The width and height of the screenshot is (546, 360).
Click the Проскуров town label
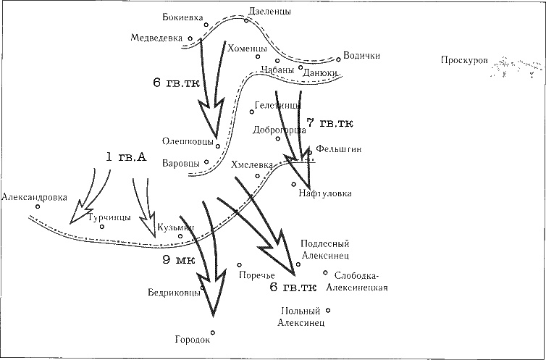pyautogui.click(x=464, y=60)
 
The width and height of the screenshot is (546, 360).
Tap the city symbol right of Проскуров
pyautogui.click(x=516, y=69)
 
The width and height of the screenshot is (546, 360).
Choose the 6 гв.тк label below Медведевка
pyautogui.click(x=177, y=83)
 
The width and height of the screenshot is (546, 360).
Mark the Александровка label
pyautogui.click(x=35, y=196)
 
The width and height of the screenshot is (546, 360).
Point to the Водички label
pyautogui.click(x=361, y=56)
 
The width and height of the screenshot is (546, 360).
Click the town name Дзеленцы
pyautogui.click(x=250, y=11)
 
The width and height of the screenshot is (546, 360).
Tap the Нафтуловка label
pyautogui.click(x=324, y=193)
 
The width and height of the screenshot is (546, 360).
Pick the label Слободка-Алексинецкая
pyautogui.click(x=358, y=281)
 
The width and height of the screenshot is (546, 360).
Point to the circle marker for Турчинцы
pyautogui.click(x=102, y=227)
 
